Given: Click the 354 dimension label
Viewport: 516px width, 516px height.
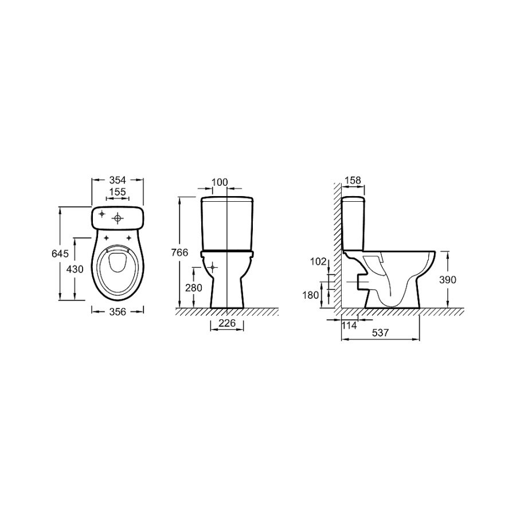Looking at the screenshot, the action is [x=118, y=180].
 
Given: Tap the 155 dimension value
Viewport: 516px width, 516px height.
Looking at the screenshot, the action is [x=118, y=191].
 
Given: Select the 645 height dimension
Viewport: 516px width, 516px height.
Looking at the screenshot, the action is [x=60, y=254].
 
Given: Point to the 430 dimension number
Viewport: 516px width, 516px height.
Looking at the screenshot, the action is [x=75, y=269].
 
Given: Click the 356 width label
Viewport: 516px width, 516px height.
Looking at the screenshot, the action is [x=118, y=311].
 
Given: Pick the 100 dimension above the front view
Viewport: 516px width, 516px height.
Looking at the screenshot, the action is [x=220, y=182].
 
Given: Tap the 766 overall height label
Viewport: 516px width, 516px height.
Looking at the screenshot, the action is [x=179, y=252].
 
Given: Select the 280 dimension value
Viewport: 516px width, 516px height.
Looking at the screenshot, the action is [x=194, y=288].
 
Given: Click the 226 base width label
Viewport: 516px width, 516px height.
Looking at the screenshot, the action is [x=227, y=323].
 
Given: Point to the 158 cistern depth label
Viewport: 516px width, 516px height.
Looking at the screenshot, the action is [x=353, y=181].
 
